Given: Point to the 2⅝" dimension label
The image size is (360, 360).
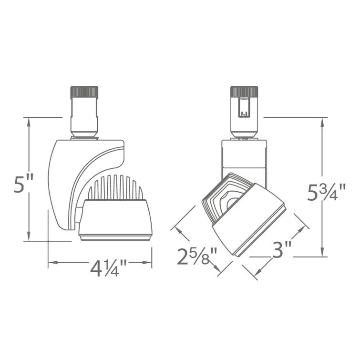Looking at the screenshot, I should coord(196,257).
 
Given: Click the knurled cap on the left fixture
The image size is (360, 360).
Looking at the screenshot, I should coord(84,92).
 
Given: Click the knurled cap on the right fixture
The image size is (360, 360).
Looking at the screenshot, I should coord(244,92).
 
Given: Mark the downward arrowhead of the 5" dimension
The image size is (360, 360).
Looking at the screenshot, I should coord(30,237).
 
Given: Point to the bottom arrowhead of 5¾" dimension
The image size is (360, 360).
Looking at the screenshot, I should coord(323,252).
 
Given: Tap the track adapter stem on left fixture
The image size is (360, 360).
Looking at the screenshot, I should coord(84,117).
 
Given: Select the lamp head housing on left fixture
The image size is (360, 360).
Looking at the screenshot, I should coord(115,219).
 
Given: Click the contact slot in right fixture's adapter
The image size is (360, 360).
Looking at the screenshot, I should coord(244,107).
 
